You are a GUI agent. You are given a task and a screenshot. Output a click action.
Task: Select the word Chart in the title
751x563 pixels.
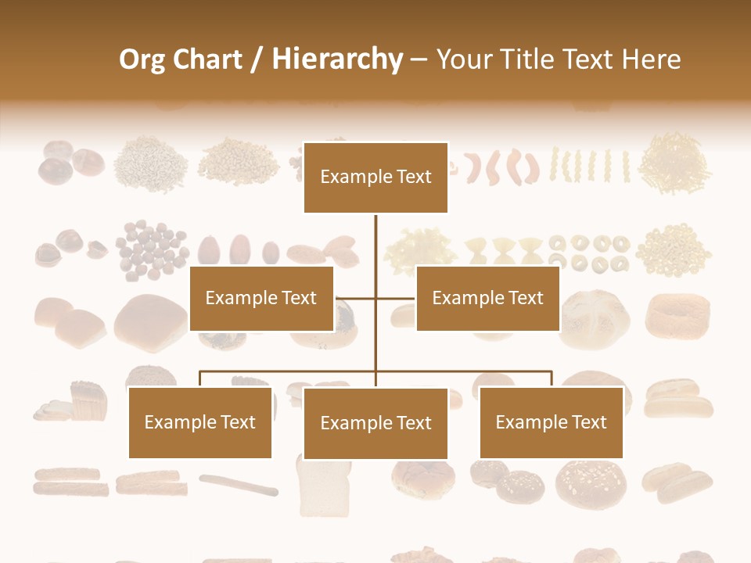pos(209,59)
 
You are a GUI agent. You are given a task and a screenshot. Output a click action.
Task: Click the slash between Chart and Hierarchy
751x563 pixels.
pos(257,60)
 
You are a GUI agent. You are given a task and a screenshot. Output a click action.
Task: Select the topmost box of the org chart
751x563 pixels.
pos(375,178)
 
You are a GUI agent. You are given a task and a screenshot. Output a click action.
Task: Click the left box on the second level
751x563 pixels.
pos(261,298)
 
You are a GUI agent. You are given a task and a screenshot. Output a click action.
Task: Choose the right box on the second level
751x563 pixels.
pos(487,298)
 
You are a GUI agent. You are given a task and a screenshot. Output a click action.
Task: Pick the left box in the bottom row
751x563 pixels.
pos(200,422)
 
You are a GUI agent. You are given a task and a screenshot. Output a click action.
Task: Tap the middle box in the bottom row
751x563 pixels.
pos(375,423)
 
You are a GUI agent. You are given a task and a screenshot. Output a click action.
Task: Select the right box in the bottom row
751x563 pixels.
pos(551,422)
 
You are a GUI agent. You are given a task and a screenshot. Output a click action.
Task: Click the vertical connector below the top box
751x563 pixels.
pos(375,242)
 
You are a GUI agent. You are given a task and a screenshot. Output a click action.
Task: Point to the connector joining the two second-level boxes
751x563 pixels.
pos(375,298)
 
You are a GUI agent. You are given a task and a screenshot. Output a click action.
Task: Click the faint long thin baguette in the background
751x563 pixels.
pos(239,485)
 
